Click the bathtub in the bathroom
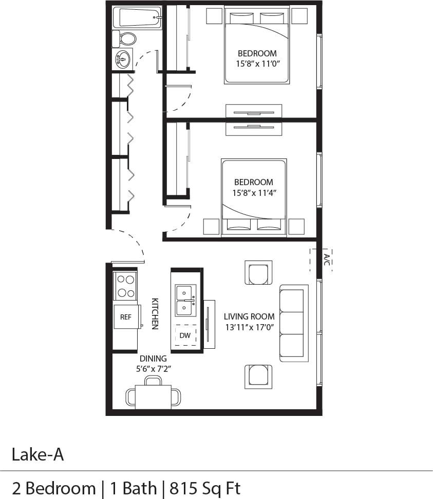point(137,17)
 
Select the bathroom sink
point(123,59)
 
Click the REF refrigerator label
point(126,317)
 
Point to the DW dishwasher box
point(185,336)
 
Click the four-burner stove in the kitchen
point(126,286)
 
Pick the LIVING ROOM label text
point(249,316)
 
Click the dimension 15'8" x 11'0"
point(257,64)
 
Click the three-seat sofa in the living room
point(293,323)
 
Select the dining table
point(153,396)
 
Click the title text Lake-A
point(38,454)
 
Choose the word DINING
point(154,358)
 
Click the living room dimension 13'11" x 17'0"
point(249,327)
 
